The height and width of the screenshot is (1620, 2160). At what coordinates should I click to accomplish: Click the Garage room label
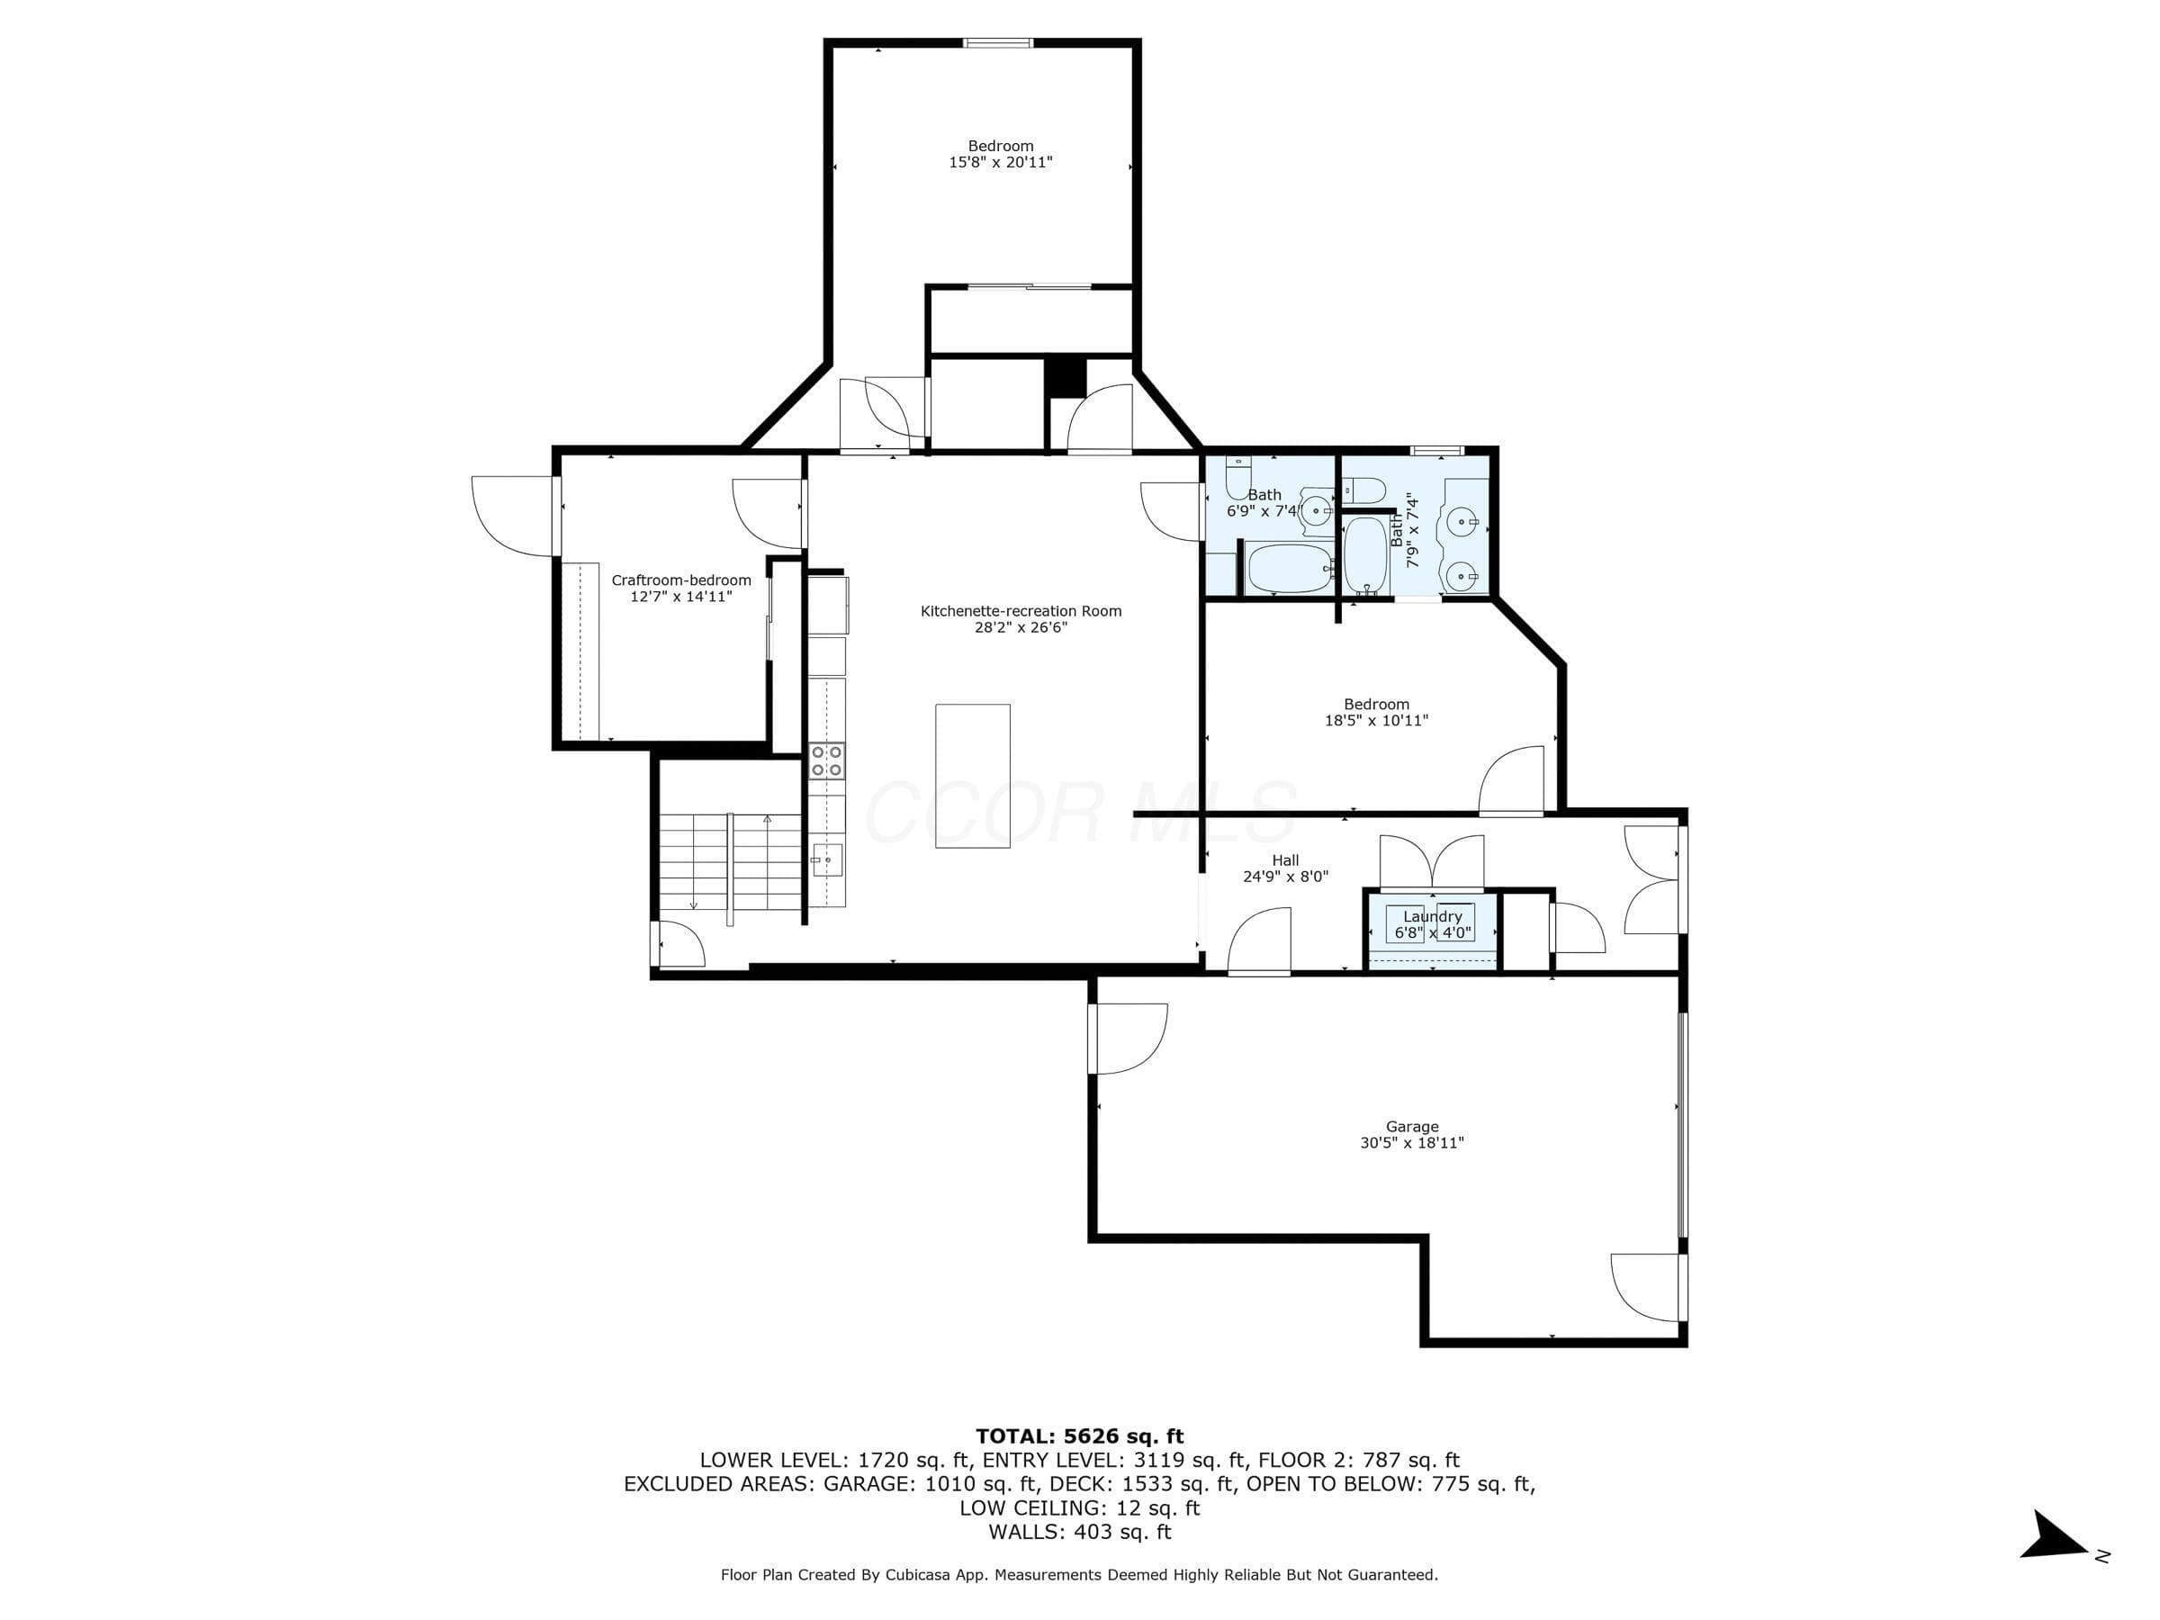[1412, 1127]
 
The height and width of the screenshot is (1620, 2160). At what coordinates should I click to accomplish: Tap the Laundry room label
[1433, 917]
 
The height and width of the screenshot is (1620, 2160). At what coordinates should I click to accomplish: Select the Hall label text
[1285, 860]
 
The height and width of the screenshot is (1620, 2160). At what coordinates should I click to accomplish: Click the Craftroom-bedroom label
[681, 580]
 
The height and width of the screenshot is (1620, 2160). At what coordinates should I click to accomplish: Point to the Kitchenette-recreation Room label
[1021, 611]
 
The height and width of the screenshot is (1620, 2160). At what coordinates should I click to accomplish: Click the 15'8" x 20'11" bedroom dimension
[1001, 162]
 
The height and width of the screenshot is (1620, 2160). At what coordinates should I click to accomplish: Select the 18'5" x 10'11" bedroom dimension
[1377, 721]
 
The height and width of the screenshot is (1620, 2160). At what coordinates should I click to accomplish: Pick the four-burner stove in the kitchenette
[828, 760]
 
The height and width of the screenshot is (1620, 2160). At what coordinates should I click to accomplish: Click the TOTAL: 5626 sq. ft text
[1079, 1436]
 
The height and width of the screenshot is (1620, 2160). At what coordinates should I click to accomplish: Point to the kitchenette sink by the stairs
[828, 861]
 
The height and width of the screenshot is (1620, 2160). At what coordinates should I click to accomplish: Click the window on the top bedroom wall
[998, 43]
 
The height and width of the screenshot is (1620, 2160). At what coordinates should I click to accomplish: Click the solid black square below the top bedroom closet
[1066, 378]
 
